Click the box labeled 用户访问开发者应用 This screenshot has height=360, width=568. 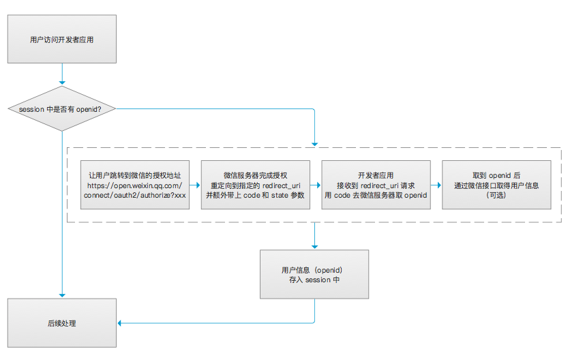pyautogui.click(x=62, y=40)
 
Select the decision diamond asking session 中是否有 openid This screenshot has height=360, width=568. pyautogui.click(x=62, y=109)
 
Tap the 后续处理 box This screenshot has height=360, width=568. pyautogui.click(x=62, y=323)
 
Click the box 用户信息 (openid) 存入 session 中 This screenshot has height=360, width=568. pyautogui.click(x=314, y=274)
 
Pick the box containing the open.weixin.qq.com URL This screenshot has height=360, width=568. pyautogui.click(x=134, y=185)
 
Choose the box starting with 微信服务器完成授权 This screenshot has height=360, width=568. pyautogui.click(x=256, y=185)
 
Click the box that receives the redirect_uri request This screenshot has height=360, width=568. pyautogui.click(x=376, y=185)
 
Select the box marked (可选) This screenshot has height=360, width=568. pyautogui.click(x=496, y=185)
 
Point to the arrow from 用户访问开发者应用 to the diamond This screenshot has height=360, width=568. pyautogui.click(x=62, y=74)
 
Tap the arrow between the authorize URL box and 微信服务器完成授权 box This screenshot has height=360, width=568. pyautogui.click(x=195, y=185)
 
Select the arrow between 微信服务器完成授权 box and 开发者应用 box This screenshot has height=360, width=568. pyautogui.click(x=316, y=185)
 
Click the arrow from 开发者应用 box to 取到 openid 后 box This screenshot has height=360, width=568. pyautogui.click(x=436, y=185)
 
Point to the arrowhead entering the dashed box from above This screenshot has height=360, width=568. pyautogui.click(x=314, y=143)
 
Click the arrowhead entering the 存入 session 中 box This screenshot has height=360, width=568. pyautogui.click(x=314, y=245)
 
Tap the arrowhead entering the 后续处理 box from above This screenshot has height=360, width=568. pyautogui.click(x=62, y=295)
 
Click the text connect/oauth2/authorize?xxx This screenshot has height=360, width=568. pyautogui.click(x=134, y=195)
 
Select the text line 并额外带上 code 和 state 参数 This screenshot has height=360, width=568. pyautogui.click(x=256, y=195)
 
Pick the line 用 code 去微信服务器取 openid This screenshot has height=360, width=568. pyautogui.click(x=376, y=195)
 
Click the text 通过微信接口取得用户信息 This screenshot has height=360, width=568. pyautogui.click(x=496, y=185)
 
